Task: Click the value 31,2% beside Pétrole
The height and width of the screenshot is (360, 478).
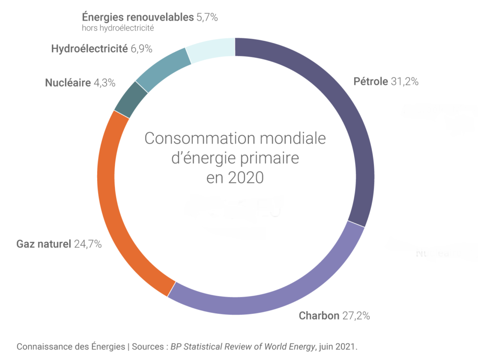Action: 404,82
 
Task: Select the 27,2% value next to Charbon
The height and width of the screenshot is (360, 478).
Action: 356,316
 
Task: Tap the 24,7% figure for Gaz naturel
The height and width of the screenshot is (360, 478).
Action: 88,244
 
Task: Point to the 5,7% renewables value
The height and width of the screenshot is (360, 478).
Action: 207,18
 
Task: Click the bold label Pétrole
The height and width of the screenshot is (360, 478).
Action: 371,82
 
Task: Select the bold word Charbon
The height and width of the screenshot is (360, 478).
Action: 319,316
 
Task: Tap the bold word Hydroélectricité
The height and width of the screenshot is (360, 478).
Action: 89,48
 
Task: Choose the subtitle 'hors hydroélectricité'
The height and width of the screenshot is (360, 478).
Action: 118,28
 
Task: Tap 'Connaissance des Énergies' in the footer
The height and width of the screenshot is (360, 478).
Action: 70,347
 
